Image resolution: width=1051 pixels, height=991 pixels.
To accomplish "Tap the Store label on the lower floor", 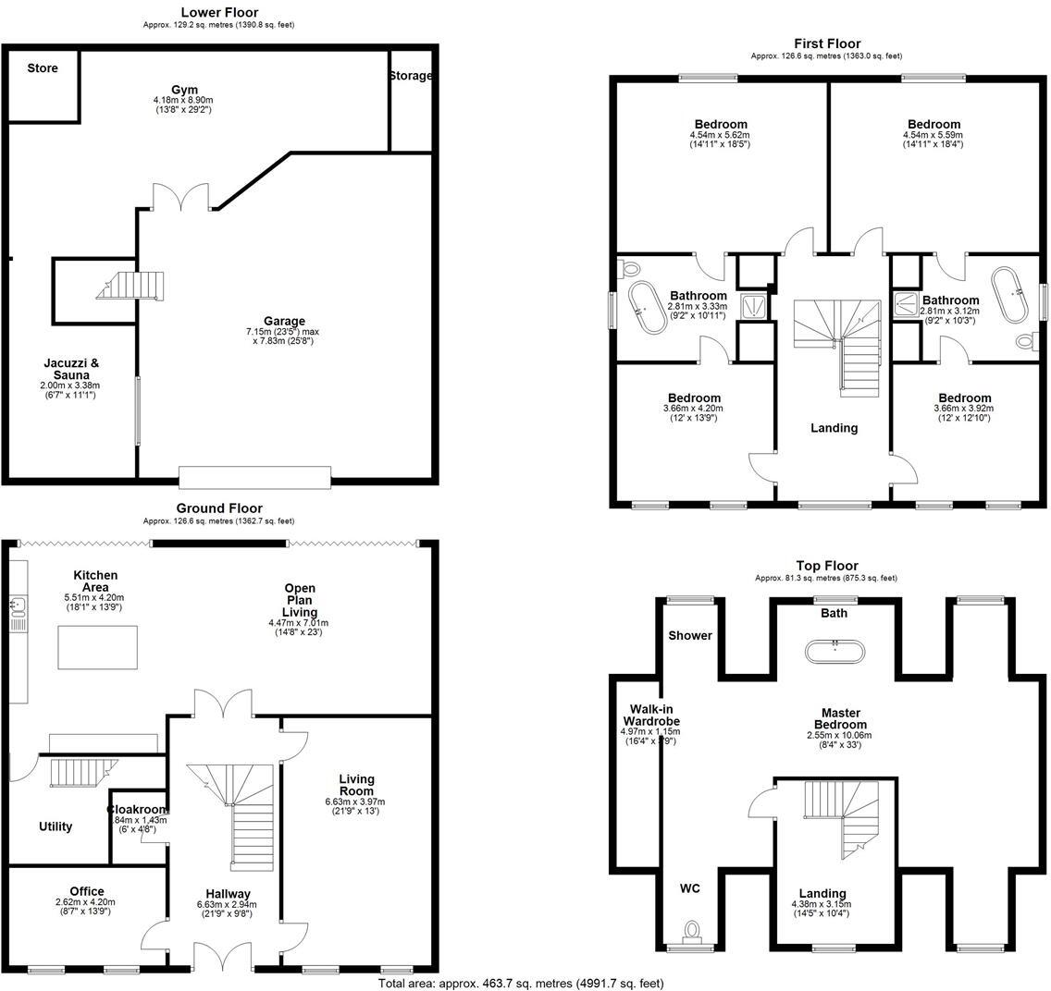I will (43, 68).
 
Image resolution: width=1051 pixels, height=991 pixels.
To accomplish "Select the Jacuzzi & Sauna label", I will (71, 369).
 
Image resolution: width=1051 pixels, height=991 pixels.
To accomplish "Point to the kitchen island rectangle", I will (98, 647).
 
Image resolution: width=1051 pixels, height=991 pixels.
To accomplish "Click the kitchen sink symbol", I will (17, 608).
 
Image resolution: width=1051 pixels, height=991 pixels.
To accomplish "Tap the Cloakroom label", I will (137, 810).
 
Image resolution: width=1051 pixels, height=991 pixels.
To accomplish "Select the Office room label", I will (87, 891).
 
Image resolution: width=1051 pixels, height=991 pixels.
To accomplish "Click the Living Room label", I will (356, 785).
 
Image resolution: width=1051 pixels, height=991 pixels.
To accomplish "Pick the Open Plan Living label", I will (300, 600).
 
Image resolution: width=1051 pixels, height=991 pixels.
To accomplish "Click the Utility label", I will (56, 826).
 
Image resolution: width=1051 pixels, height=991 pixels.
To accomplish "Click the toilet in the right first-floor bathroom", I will (1025, 341).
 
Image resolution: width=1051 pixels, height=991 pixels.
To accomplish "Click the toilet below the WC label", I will (690, 929).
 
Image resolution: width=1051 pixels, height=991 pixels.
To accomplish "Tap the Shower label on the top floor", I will (691, 635).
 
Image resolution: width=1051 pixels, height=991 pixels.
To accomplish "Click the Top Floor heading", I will (827, 566).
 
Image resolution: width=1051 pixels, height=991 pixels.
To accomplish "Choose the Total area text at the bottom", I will (521, 984).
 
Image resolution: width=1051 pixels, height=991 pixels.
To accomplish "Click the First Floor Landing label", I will (834, 428).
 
